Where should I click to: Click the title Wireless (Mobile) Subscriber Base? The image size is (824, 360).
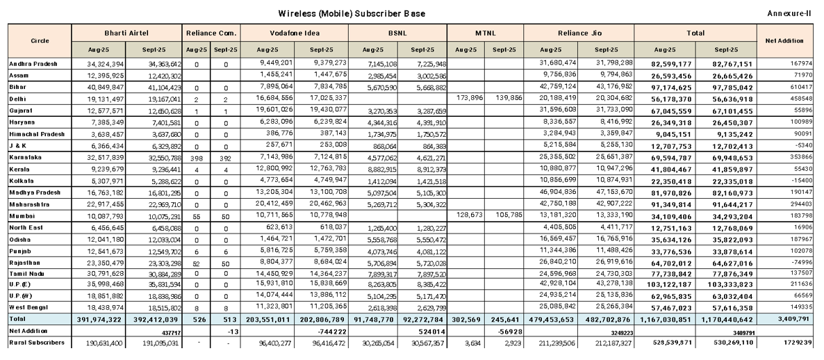tap(352, 14)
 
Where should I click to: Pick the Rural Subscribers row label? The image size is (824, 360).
tap(37, 342)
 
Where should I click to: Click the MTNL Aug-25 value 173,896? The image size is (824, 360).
tap(468, 98)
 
